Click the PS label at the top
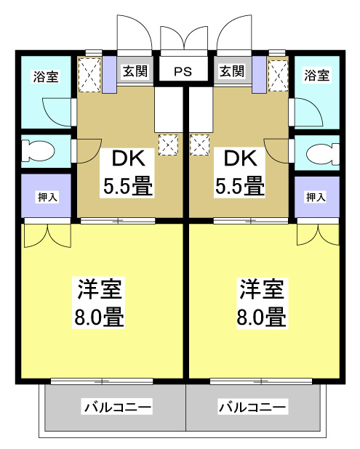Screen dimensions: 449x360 click(x=183, y=72)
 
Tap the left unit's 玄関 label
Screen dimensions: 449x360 click(x=135, y=71)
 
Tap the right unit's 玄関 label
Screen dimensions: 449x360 click(x=231, y=71)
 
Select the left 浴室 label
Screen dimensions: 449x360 click(x=45, y=76)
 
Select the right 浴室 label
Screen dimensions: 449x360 click(x=316, y=76)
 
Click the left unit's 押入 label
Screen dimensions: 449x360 click(x=45, y=196)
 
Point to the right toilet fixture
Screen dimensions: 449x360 click(x=322, y=153)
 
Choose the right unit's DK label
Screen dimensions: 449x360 click(x=239, y=158)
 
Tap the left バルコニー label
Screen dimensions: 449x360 click(x=117, y=407)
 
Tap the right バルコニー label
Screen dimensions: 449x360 click(x=254, y=407)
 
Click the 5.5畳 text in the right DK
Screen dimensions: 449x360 click(x=239, y=186)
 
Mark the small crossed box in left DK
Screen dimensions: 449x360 click(x=167, y=145)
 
